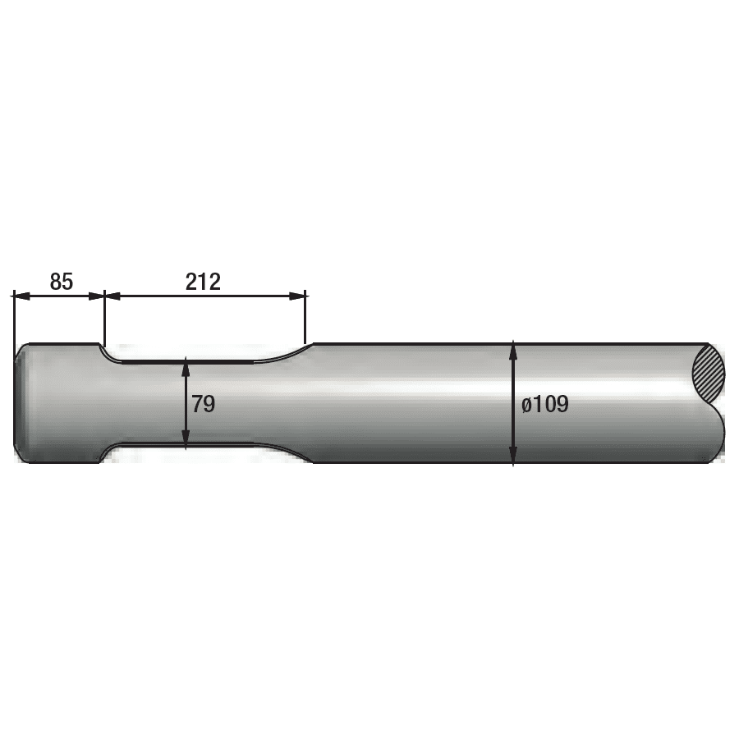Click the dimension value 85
(x=62, y=282)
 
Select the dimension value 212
(x=203, y=282)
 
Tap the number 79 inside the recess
(x=203, y=403)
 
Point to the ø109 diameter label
(x=545, y=404)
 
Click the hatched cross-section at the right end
(x=709, y=372)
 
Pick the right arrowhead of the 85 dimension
(x=99, y=296)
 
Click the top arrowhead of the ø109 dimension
(x=513, y=348)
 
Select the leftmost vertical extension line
(x=14, y=320)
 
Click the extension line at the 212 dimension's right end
(x=305, y=320)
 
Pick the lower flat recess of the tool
(x=189, y=445)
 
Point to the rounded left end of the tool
(x=20, y=402)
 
